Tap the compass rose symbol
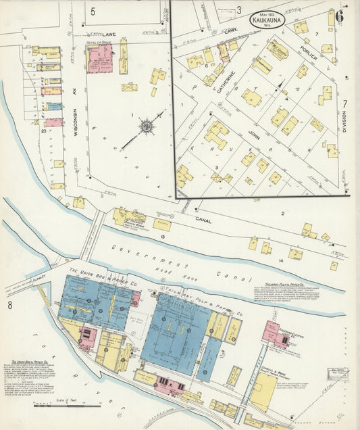click(147, 126)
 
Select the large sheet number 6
click(340, 18)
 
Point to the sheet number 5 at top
click(93, 11)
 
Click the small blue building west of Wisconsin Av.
click(53, 106)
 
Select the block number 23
click(43, 130)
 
